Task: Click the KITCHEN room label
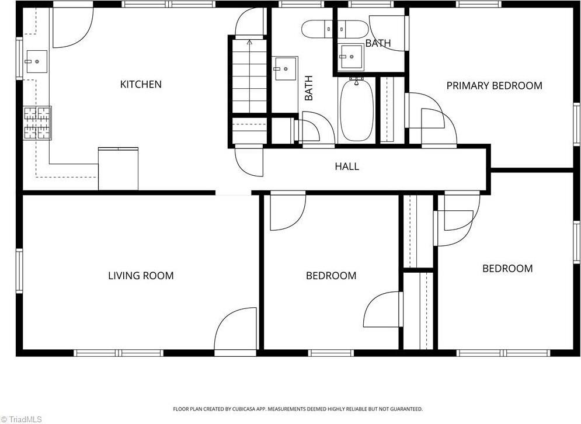tap(141, 84)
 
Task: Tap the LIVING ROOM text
tap(141, 276)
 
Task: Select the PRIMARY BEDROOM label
tap(495, 86)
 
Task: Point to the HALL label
tap(347, 166)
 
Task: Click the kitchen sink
tap(36, 61)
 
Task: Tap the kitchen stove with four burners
tap(37, 123)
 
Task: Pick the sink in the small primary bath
tap(352, 57)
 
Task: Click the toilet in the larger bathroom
tap(318, 29)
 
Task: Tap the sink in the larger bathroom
tap(286, 68)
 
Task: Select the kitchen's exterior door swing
tap(72, 27)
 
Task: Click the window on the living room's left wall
tap(19, 271)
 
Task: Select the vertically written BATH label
tap(309, 88)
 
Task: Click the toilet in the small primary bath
tap(353, 29)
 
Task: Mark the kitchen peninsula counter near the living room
tap(118, 169)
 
